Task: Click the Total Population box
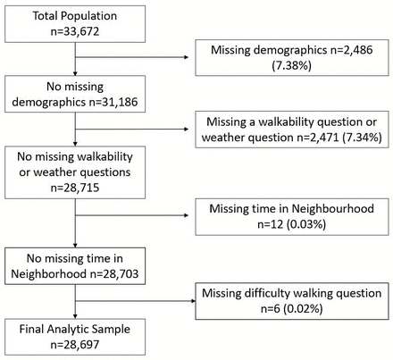pos(75,24)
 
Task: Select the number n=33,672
pos(75,31)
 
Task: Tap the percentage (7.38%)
pos(292,65)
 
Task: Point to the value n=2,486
pos(352,50)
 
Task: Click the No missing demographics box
pos(75,94)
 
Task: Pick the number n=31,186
pos(113,102)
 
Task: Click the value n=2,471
pos(318,138)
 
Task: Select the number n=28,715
pos(75,188)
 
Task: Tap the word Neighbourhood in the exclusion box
pos(333,208)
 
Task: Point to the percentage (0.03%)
pos(306,224)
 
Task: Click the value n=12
pos(271,224)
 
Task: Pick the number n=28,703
pos(114,273)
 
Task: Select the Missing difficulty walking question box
pos(292,301)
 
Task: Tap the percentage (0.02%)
pos(303,308)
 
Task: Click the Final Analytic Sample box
pos(75,337)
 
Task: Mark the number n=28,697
pos(75,345)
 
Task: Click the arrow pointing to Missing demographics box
pos(132,57)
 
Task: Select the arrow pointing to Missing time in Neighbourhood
pos(132,215)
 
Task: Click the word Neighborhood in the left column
pos(48,273)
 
